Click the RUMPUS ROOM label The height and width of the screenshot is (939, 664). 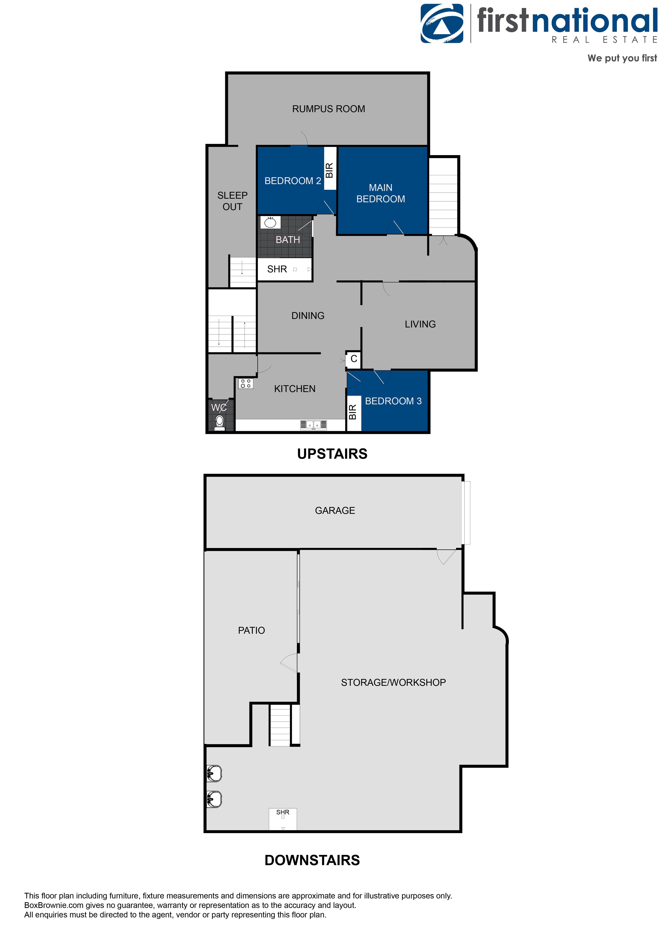pos(328,109)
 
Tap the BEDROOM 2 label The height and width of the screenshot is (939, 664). pos(292,181)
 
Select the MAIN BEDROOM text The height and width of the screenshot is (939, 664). pos(380,193)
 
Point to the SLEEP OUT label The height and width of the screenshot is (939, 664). pos(232,201)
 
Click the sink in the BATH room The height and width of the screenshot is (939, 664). pos(270,223)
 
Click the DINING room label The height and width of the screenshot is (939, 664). pos(308,316)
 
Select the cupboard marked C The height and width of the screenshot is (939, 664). pos(354,359)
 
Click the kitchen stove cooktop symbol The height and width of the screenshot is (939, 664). pos(246,384)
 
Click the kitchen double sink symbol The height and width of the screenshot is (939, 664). pos(314,425)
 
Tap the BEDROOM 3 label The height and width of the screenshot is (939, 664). pos(393,401)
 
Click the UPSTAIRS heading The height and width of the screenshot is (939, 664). pos(332,454)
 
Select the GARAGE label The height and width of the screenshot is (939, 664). pos(335,510)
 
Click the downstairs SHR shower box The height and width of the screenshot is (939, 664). pos(283,819)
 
